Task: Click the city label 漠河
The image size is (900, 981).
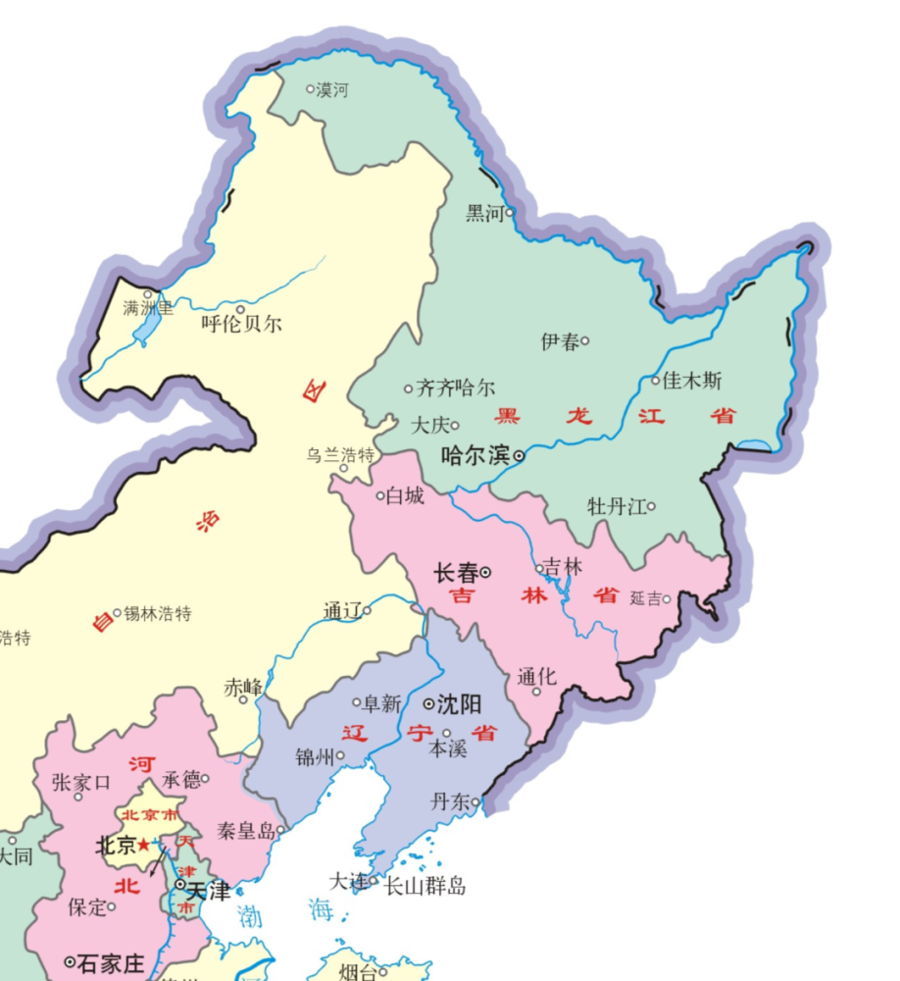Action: point(332,90)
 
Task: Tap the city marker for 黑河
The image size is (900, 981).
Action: point(510,212)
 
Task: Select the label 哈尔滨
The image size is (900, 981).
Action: point(475,455)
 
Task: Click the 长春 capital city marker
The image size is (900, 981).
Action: point(485,572)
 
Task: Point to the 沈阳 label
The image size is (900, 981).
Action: point(459,703)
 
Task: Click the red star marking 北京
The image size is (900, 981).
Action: point(144,844)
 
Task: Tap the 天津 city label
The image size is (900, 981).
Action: point(209,891)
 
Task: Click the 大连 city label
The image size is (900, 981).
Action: point(347,882)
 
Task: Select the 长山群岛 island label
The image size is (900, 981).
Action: point(425,887)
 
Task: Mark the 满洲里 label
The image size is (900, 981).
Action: point(147,308)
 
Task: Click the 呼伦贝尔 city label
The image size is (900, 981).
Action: point(241,324)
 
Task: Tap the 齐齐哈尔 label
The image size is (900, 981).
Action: point(456,388)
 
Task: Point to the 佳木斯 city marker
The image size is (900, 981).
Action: point(656,380)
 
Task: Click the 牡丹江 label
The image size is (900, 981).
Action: point(616,507)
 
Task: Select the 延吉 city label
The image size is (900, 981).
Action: point(645,598)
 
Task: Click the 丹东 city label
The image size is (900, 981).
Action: point(450,801)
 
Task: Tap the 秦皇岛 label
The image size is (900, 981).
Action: point(245,831)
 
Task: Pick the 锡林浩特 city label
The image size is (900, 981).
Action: point(157,614)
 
